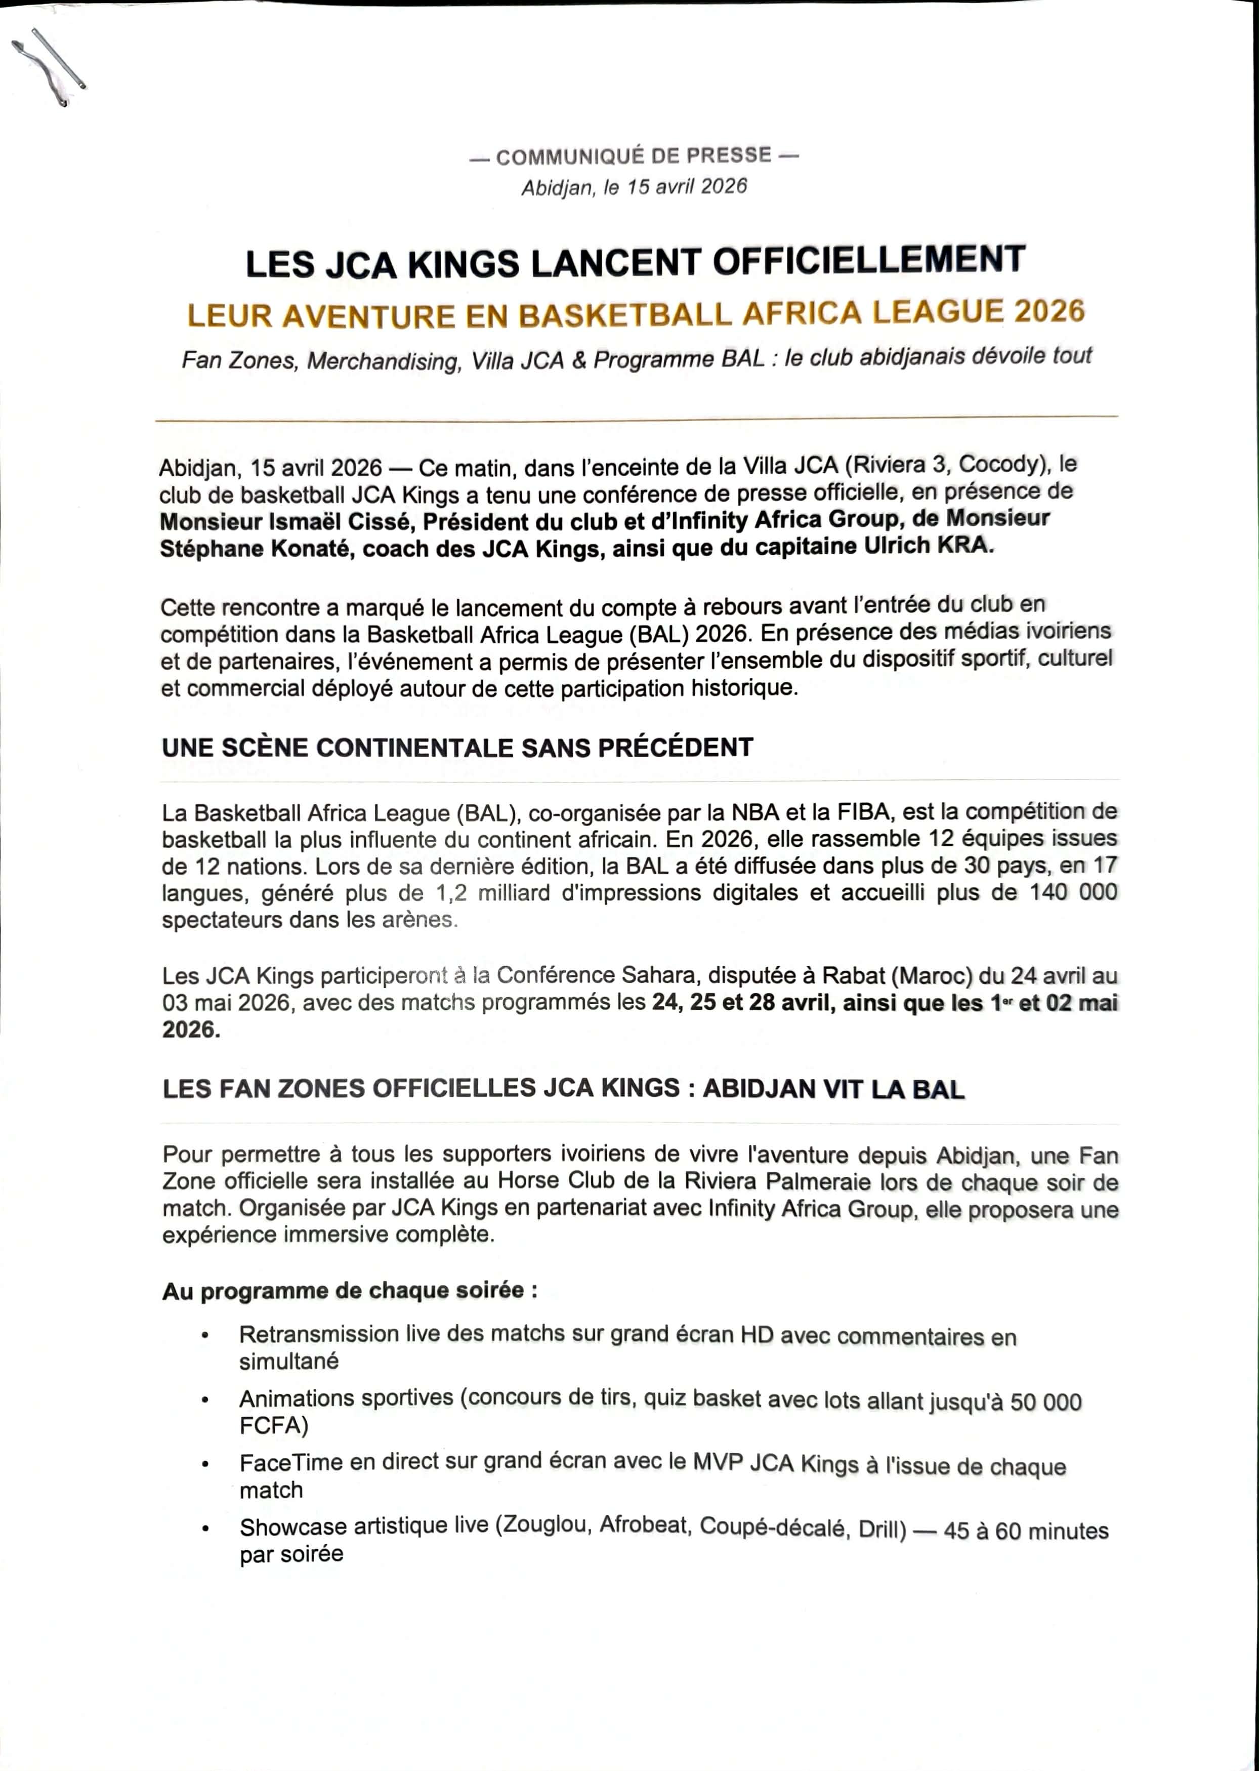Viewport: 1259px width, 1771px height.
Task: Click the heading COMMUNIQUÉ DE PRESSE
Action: pos(634,156)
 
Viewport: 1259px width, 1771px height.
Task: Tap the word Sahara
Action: pos(659,975)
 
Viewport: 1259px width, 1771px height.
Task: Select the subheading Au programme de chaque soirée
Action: pos(349,1291)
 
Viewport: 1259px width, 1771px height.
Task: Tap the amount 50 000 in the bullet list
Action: pos(1045,1402)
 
